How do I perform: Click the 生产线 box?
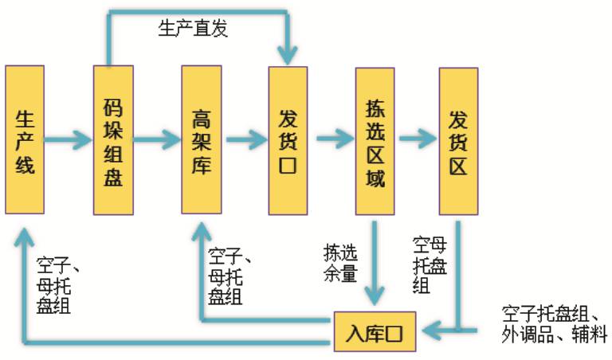pos(25,140)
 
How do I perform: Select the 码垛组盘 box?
pos(112,140)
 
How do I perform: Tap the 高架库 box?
pos(201,140)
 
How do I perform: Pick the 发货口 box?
pos(288,140)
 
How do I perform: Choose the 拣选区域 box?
pos(375,140)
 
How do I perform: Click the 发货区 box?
pos(458,140)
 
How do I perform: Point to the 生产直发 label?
pos(193,29)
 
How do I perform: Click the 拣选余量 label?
pos(340,262)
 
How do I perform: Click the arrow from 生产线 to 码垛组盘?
pos(69,141)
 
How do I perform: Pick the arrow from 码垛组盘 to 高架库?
pos(157,141)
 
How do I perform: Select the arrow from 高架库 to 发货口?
pos(245,141)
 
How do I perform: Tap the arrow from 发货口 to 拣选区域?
pos(333,141)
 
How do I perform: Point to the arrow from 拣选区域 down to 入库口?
pos(375,263)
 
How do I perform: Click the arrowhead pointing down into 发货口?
pos(288,54)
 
